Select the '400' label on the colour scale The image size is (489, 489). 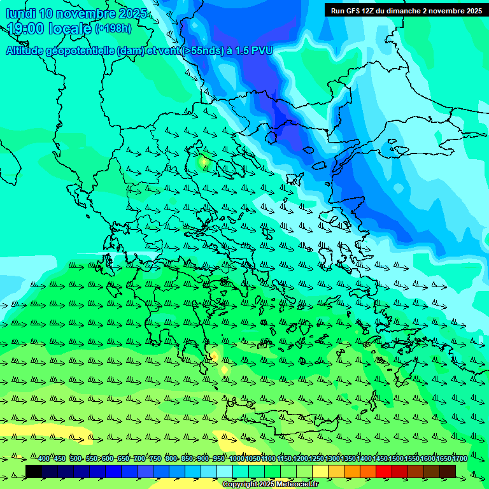(43, 459)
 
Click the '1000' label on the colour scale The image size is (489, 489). (237, 459)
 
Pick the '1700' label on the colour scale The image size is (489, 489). (460, 459)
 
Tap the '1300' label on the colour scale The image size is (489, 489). (332, 459)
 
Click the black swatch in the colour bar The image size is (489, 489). (34, 471)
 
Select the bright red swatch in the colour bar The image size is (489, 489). (384, 471)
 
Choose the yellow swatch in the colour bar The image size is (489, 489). (320, 471)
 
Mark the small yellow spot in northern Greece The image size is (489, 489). (203, 162)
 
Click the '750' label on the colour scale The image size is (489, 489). (155, 459)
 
